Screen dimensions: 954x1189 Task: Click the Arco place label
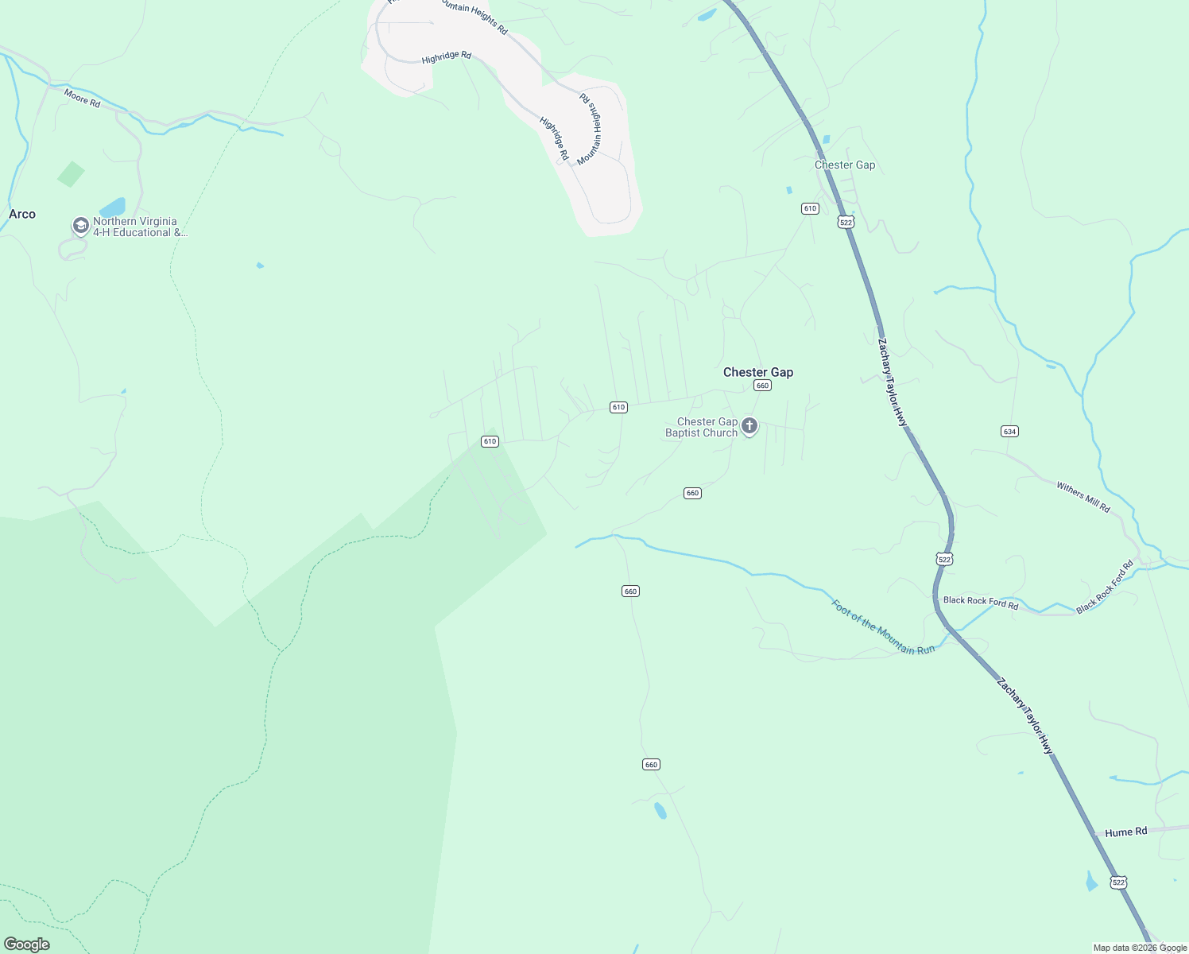22,214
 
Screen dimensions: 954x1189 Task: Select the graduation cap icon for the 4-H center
80,226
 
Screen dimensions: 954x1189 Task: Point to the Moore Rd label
82,99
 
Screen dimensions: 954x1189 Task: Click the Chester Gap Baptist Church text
702,428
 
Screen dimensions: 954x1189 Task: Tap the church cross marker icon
749,427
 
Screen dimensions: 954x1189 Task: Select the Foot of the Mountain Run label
882,627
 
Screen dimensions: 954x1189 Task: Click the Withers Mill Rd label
1082,497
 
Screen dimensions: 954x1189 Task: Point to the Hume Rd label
1125,832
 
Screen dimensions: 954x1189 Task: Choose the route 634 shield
1009,432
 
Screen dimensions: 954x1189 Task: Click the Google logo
27,944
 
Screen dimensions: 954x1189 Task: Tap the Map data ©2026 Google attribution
1140,948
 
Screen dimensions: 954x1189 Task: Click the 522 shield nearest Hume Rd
1118,882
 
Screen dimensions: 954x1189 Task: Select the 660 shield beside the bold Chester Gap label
762,386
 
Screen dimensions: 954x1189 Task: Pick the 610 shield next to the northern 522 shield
810,208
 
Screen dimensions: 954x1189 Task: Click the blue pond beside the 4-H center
112,207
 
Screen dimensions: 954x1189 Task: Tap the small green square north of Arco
71,174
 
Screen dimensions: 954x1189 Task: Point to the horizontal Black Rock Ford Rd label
981,602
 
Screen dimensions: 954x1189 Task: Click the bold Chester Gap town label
758,372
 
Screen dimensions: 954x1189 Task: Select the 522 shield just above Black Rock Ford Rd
944,560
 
